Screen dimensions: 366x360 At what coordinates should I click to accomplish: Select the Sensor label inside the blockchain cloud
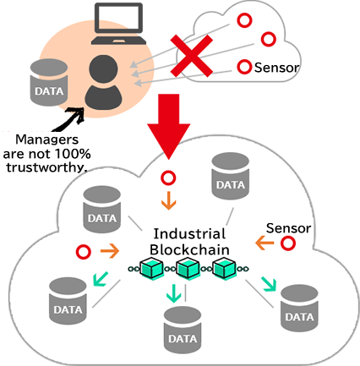[289, 228]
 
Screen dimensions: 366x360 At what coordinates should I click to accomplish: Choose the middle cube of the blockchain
[187, 269]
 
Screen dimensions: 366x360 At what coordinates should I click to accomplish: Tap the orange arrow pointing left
[264, 244]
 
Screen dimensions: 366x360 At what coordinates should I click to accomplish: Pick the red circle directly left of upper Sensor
[244, 66]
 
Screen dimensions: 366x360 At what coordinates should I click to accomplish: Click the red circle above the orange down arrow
[169, 178]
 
